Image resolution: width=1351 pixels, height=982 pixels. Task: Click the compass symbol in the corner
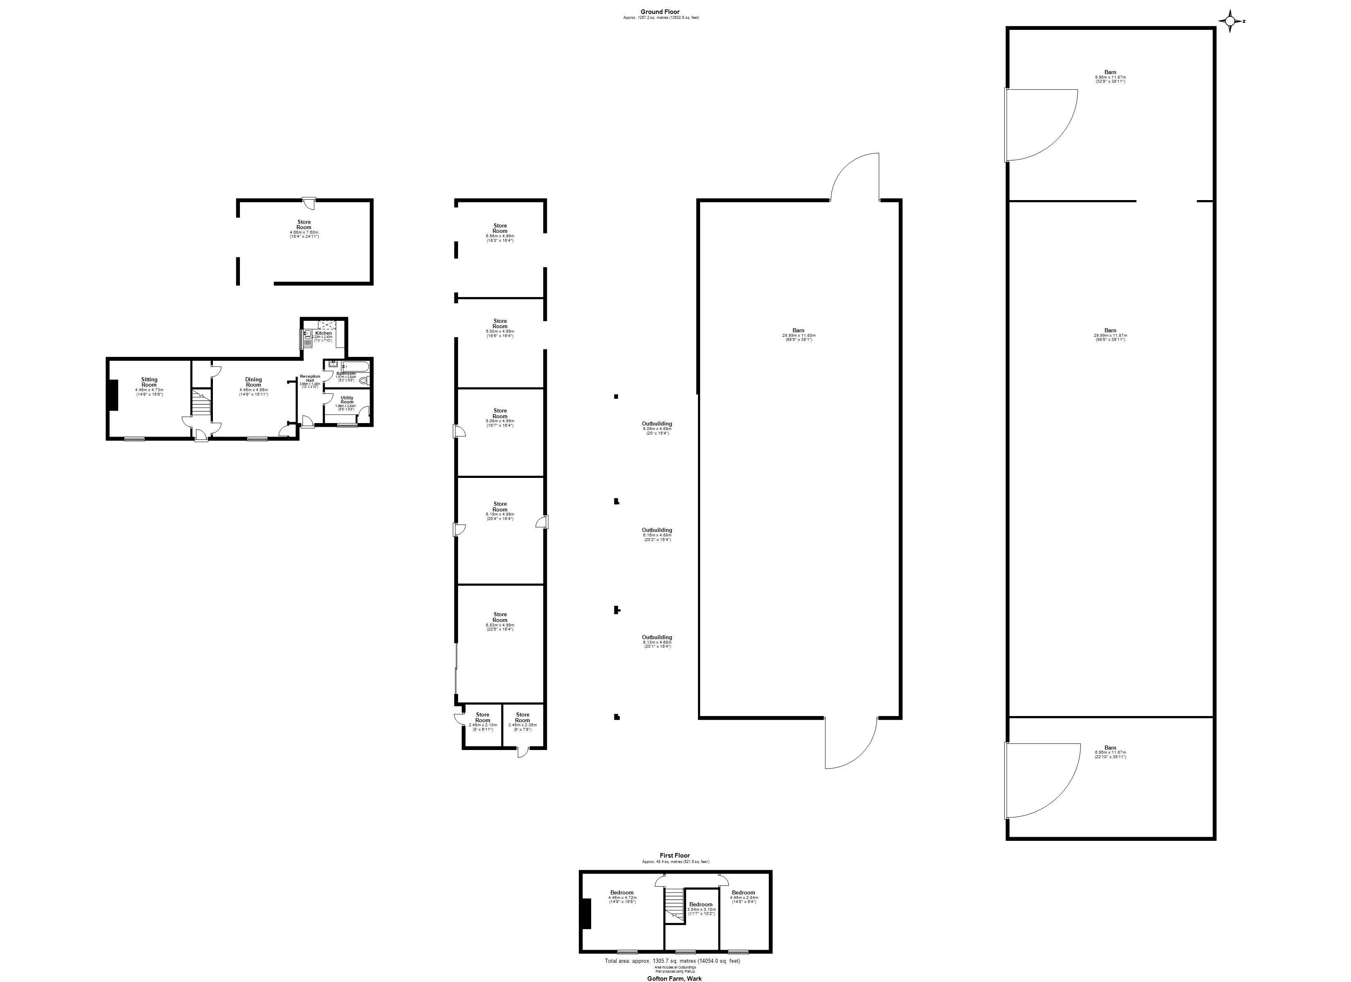click(1229, 21)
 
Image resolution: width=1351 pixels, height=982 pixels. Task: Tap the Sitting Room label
click(149, 382)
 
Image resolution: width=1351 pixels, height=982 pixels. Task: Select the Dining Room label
click(253, 382)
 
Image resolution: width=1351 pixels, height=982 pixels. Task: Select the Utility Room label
click(347, 400)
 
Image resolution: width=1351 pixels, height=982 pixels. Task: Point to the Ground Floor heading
click(660, 12)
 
